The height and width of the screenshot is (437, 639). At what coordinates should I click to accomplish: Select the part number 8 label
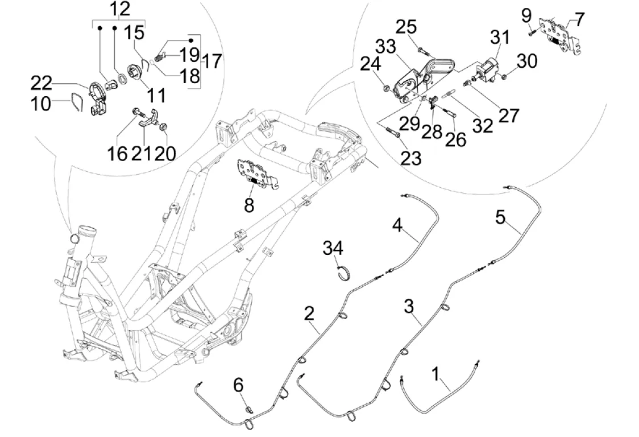pyautogui.click(x=249, y=206)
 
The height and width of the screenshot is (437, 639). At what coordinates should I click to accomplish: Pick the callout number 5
pyautogui.click(x=500, y=217)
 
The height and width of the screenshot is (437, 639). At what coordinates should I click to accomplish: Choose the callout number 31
pyautogui.click(x=501, y=39)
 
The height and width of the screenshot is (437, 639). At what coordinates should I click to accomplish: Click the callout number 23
pyautogui.click(x=410, y=158)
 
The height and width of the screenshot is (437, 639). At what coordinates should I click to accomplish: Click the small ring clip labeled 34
pyautogui.click(x=343, y=274)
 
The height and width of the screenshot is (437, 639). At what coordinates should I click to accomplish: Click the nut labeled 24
pyautogui.click(x=386, y=88)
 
